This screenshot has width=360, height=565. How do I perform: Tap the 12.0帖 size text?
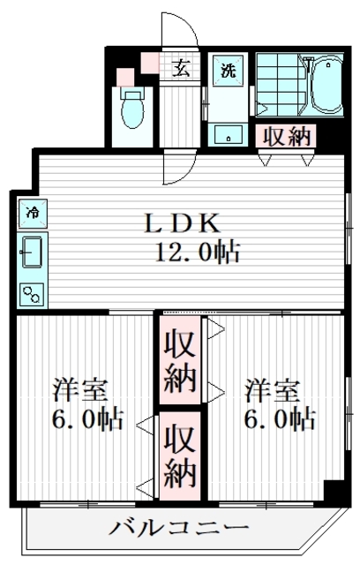(x=198, y=254)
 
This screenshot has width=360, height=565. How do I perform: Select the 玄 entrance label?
(x=180, y=68)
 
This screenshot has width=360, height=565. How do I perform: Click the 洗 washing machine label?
(x=228, y=70)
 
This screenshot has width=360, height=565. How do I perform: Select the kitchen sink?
(x=34, y=254)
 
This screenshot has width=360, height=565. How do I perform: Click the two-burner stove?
(x=34, y=294)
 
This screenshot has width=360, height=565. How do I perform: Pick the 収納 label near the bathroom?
(x=284, y=136)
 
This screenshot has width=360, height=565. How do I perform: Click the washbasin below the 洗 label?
(x=229, y=134)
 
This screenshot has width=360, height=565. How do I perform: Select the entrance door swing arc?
(x=181, y=31)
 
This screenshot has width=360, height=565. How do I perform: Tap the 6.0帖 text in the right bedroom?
(x=280, y=418)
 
